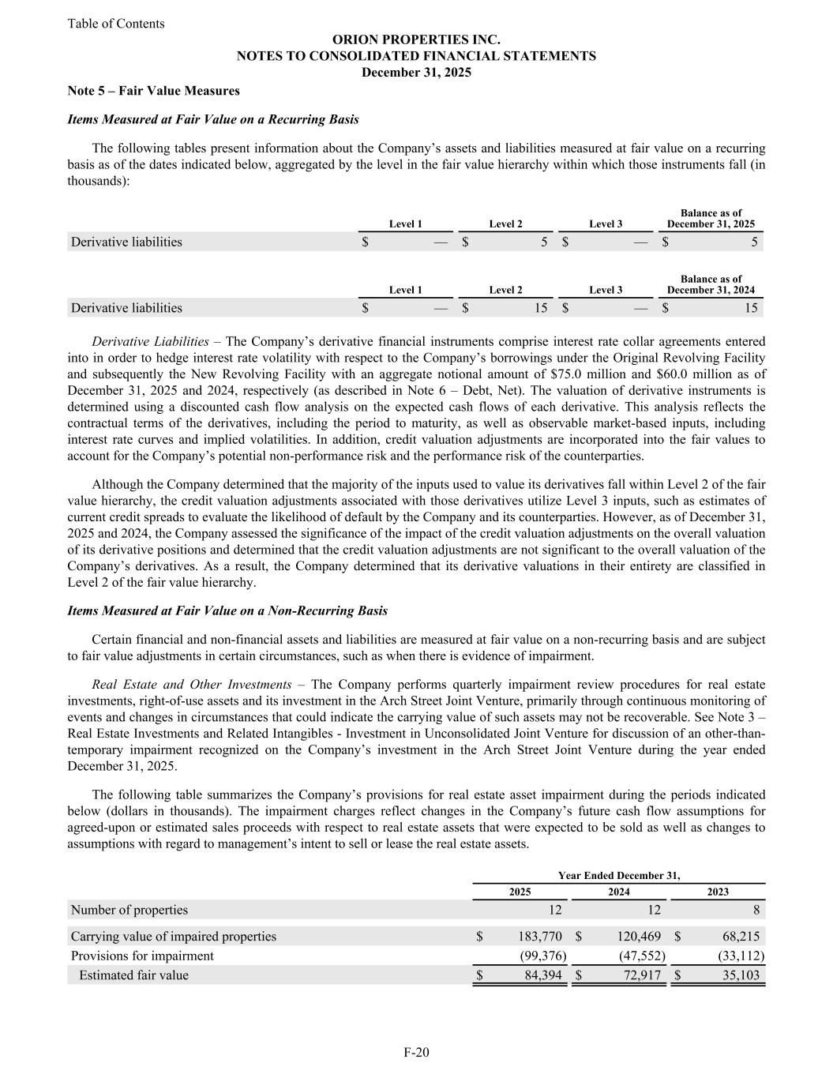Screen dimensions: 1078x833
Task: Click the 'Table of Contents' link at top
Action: [116, 24]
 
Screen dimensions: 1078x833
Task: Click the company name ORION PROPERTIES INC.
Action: [416, 39]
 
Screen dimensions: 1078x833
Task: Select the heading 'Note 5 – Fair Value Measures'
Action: [153, 91]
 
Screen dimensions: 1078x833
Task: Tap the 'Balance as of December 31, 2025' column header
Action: [711, 219]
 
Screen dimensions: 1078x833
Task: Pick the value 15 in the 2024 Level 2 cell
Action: [540, 308]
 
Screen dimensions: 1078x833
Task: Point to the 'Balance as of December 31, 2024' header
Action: [711, 284]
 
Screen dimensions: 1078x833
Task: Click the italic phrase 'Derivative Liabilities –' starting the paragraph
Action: [158, 341]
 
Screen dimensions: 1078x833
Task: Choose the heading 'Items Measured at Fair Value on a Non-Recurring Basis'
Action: [227, 610]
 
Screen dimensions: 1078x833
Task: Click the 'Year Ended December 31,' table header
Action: [618, 875]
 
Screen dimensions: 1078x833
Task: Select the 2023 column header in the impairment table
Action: [717, 892]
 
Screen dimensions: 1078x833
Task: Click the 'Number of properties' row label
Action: [129, 910]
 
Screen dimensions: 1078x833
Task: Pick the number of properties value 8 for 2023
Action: [756, 910]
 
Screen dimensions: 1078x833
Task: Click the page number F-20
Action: [416, 1052]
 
